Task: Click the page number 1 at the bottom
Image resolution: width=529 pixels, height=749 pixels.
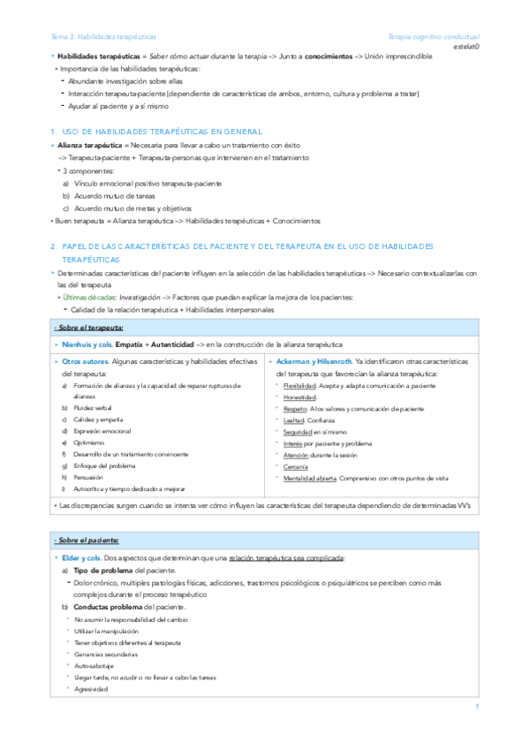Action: [476, 706]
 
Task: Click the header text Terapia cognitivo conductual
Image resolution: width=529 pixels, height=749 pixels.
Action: [433, 37]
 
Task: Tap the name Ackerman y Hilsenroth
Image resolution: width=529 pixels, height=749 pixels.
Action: [314, 362]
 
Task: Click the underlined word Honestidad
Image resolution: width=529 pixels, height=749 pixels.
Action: [300, 397]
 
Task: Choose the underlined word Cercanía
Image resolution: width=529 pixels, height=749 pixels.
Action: [296, 465]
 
